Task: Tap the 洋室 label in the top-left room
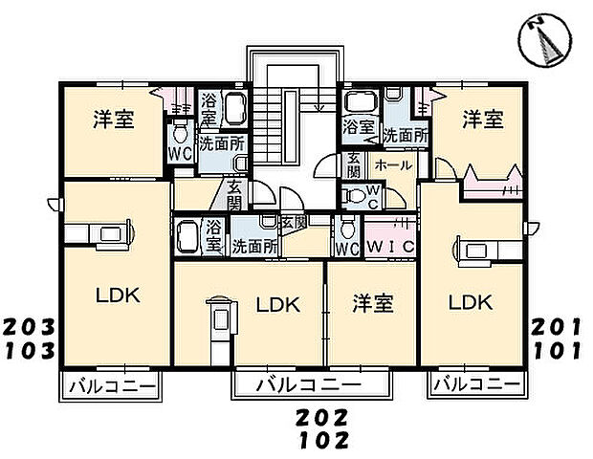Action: point(113,120)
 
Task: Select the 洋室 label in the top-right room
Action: point(484,120)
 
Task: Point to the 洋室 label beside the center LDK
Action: point(372,304)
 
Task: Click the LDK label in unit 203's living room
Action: point(117,295)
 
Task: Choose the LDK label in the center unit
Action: point(278,305)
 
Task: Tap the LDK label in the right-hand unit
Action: point(471,303)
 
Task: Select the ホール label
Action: point(393,164)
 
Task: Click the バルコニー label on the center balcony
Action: point(310,385)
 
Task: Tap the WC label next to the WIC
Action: point(345,247)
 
